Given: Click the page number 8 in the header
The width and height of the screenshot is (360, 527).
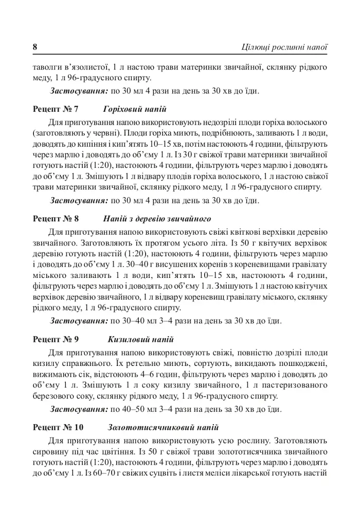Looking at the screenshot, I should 35,47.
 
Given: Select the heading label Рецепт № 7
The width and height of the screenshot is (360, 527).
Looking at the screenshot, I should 56,109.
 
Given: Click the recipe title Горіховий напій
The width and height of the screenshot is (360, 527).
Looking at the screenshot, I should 135,109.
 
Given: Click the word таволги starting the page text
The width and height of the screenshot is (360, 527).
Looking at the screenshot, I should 48,67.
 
